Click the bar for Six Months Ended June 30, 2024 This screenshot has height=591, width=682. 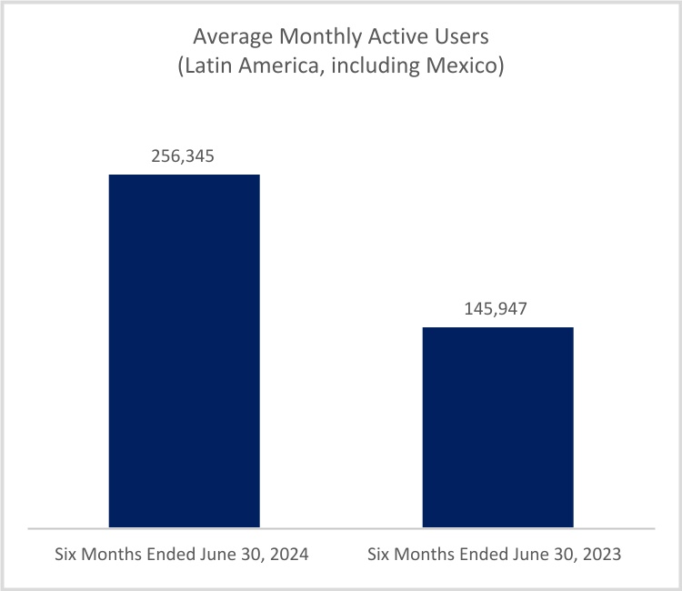click(184, 350)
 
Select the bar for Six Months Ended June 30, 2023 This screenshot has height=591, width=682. click(498, 426)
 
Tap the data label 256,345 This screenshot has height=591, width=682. click(184, 156)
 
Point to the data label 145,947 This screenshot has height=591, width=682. click(497, 309)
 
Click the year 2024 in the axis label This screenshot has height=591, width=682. click(291, 555)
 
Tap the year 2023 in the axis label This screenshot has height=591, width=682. click(603, 555)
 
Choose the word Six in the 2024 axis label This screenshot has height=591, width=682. click(67, 555)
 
